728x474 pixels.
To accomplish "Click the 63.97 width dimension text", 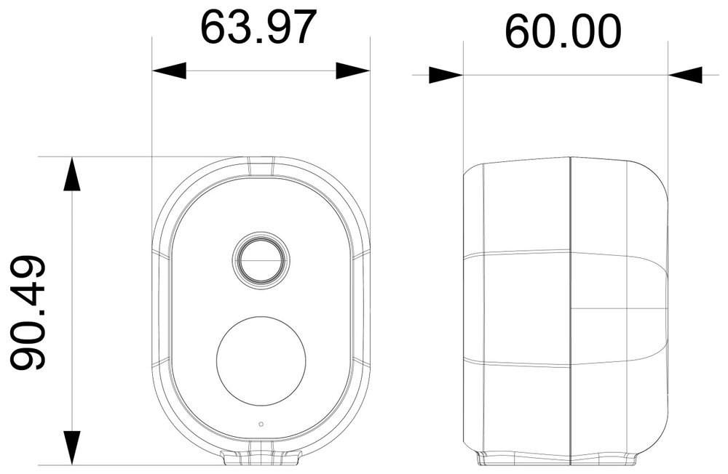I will tap(259, 28).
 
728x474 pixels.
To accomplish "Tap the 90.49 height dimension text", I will tap(29, 312).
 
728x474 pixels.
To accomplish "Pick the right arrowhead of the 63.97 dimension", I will tap(353, 71).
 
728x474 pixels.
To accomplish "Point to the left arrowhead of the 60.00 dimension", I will tap(446, 75).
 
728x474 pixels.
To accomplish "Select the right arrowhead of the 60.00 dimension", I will tap(685, 75).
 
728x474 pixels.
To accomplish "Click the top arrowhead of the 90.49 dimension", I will tap(71, 174).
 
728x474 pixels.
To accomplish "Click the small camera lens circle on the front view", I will tap(261, 260).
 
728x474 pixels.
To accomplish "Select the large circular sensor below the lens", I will tap(261, 360).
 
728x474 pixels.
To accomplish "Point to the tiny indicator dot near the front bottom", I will tap(261, 424).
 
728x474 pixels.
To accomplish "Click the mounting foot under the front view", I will tap(261, 457).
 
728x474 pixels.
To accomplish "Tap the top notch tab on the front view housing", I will tap(261, 166).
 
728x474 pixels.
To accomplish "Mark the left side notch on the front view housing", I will tap(162, 254).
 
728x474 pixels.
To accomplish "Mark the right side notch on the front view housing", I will tap(361, 254).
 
